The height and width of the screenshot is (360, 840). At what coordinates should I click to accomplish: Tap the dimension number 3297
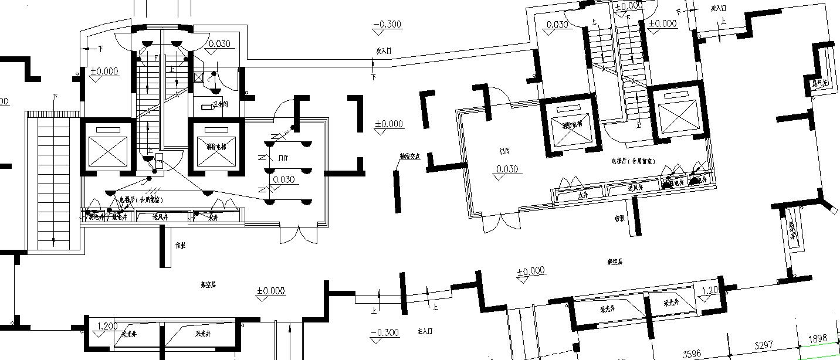click(x=763, y=344)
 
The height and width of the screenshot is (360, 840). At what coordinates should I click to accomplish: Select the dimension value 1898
click(x=817, y=338)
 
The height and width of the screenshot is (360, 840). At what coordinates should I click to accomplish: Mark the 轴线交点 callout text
click(x=409, y=157)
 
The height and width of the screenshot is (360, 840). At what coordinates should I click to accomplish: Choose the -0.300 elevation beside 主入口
click(x=385, y=333)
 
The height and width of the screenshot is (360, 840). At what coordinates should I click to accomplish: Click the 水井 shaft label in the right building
click(x=582, y=195)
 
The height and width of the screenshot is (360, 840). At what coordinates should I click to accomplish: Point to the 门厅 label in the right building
click(x=504, y=151)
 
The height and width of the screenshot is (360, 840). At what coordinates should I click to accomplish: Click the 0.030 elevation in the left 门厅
click(x=284, y=179)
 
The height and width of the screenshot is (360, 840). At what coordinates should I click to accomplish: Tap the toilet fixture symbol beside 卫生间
click(x=207, y=107)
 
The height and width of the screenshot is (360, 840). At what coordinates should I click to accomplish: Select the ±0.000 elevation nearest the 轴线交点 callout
click(x=388, y=124)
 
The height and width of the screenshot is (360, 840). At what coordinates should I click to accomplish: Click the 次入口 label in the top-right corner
click(x=718, y=8)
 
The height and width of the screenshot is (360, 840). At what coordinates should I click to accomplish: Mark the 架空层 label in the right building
click(x=615, y=261)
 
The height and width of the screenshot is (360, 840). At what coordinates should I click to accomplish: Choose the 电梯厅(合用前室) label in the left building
click(x=141, y=200)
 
